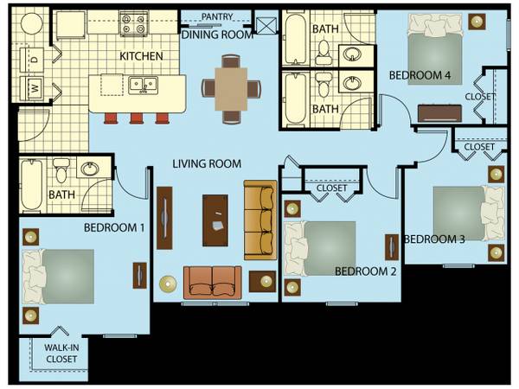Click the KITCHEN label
pos(141,56)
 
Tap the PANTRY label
pos(217,16)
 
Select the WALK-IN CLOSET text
pos(61,354)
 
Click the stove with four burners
pos(134,23)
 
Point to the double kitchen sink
pos(143,85)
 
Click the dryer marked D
pos(32,60)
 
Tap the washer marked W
pos(32,88)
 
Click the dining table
pos(231,89)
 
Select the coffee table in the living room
pos(215,220)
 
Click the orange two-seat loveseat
pos(213,282)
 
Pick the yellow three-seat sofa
pos(260,220)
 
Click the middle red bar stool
pos(137,118)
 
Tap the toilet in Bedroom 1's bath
pos(61,170)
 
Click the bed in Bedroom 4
pos(434,49)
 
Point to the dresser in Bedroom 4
pos(439,113)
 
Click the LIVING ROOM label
pos(207,163)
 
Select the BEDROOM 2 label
pos(365,271)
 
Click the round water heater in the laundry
pos(31,23)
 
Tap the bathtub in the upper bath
pos(296,39)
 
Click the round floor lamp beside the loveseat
pos(168,284)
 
